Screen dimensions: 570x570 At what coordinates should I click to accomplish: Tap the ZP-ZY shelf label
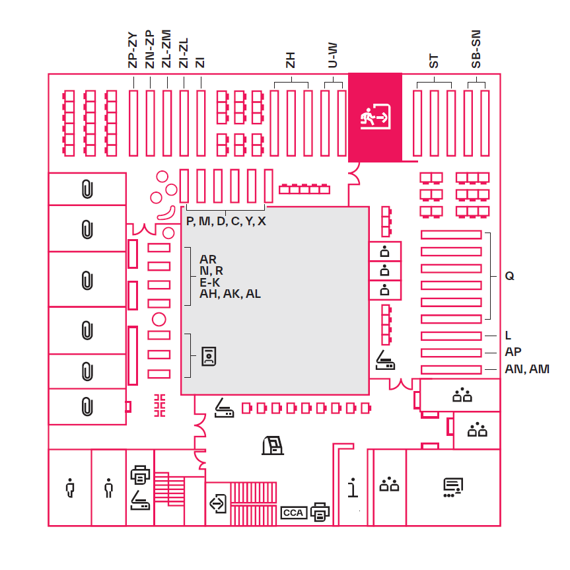coord(133,49)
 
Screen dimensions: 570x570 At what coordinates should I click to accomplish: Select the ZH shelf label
coord(290,60)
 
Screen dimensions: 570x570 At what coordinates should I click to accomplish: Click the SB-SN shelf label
coord(476,50)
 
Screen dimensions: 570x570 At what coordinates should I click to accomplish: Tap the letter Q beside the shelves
coord(509,276)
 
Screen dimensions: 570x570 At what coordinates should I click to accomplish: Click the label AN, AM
coord(527,369)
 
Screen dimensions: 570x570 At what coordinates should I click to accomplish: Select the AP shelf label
coord(513,352)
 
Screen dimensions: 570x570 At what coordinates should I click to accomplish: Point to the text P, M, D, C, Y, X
coord(226,221)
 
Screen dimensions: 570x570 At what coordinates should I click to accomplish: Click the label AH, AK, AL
coord(230,294)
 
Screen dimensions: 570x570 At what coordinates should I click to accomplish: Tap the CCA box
coord(293,513)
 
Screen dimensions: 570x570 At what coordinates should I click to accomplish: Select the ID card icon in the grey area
coord(209,356)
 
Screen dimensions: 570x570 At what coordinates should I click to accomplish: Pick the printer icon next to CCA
coord(320,511)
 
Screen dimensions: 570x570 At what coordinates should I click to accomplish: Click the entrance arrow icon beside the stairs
coord(217,503)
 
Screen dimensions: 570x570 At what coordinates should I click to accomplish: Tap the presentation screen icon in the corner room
coord(452,487)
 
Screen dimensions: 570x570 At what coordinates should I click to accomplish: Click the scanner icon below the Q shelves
coord(386,361)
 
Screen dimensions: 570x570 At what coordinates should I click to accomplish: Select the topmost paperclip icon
coord(87,189)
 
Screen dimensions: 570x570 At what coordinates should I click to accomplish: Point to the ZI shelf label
coord(201,62)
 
